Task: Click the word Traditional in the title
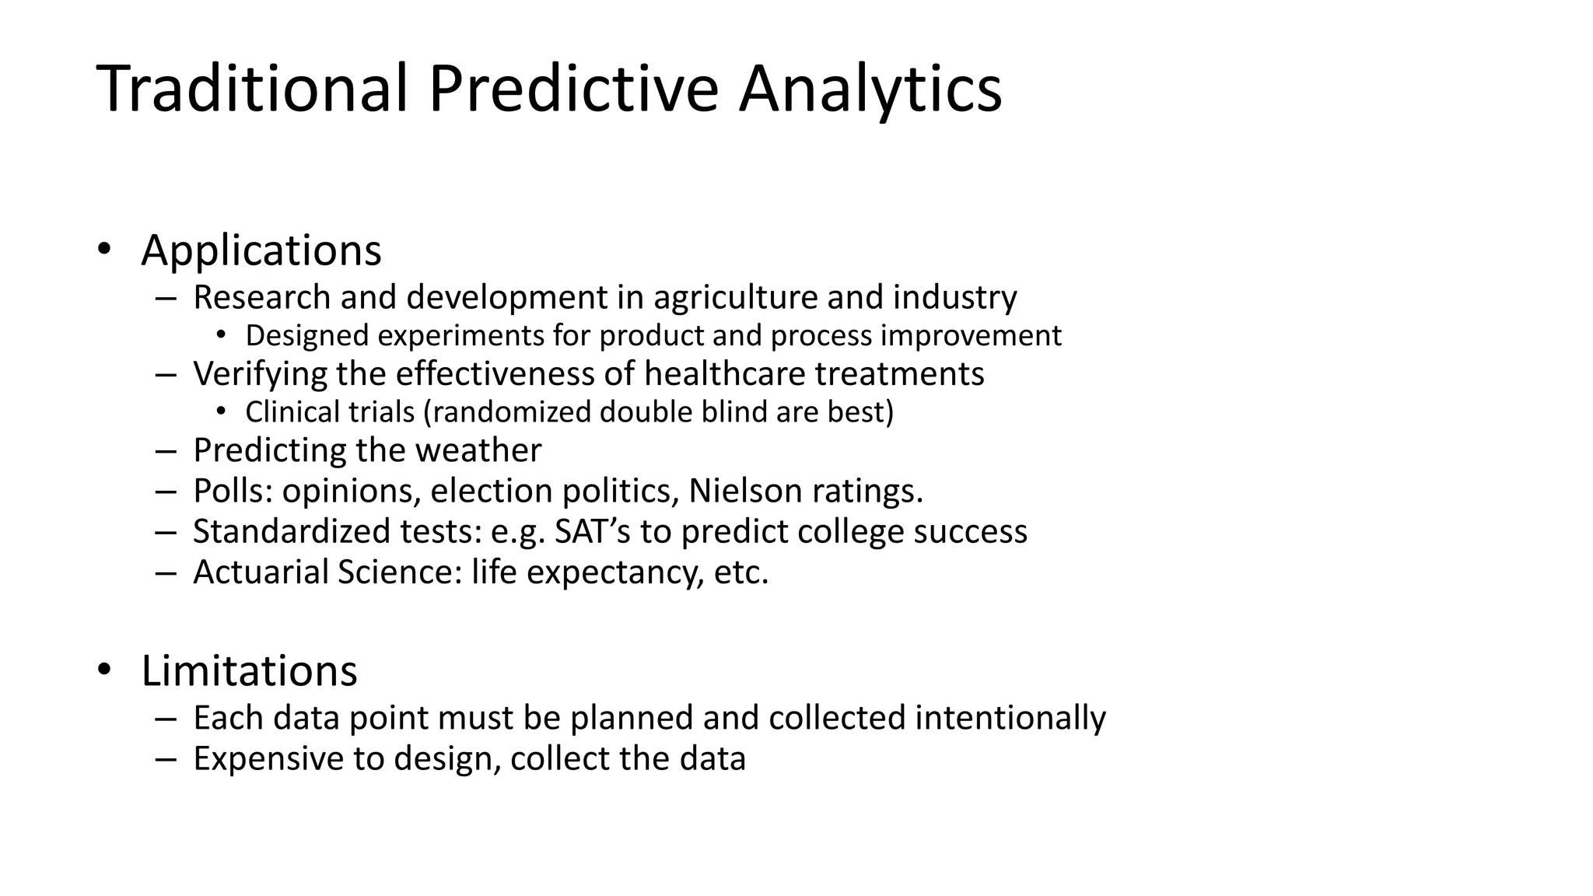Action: click(252, 89)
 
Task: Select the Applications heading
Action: click(261, 250)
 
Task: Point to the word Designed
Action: click(307, 335)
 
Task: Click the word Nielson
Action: click(745, 491)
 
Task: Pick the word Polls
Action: click(232, 491)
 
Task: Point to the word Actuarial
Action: click(261, 572)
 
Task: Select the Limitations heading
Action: click(249, 670)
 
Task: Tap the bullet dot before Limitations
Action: click(103, 670)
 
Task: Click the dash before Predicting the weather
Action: click(166, 451)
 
